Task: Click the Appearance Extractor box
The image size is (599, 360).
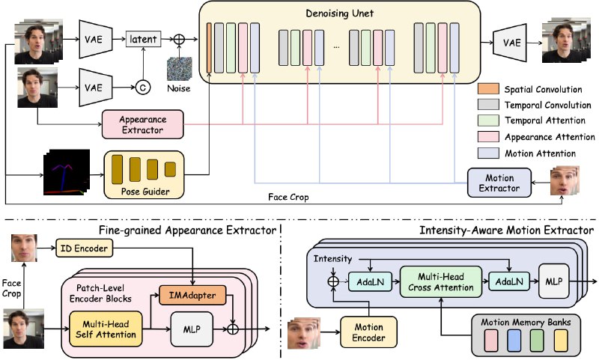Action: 142,124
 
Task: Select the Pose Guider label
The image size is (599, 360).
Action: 145,192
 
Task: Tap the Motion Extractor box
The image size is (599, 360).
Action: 499,183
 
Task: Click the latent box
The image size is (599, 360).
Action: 143,39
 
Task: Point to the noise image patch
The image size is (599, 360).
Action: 179,69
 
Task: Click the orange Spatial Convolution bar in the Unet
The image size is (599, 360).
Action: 209,47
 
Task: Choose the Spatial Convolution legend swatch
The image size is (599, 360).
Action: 488,89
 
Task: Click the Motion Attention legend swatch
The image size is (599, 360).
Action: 488,153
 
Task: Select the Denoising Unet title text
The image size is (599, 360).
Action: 340,13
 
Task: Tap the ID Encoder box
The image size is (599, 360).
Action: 85,248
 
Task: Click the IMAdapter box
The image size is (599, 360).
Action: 192,295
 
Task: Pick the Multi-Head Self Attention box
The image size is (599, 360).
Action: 106,329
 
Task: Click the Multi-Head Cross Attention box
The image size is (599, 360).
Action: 441,282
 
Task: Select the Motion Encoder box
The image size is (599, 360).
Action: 368,332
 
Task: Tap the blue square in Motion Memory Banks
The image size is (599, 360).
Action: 514,341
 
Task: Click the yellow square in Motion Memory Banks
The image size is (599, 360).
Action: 561,341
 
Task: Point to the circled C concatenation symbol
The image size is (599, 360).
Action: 143,88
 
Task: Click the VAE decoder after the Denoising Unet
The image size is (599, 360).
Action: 510,43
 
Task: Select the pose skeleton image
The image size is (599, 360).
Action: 67,173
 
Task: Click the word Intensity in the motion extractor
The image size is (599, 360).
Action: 332,259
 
